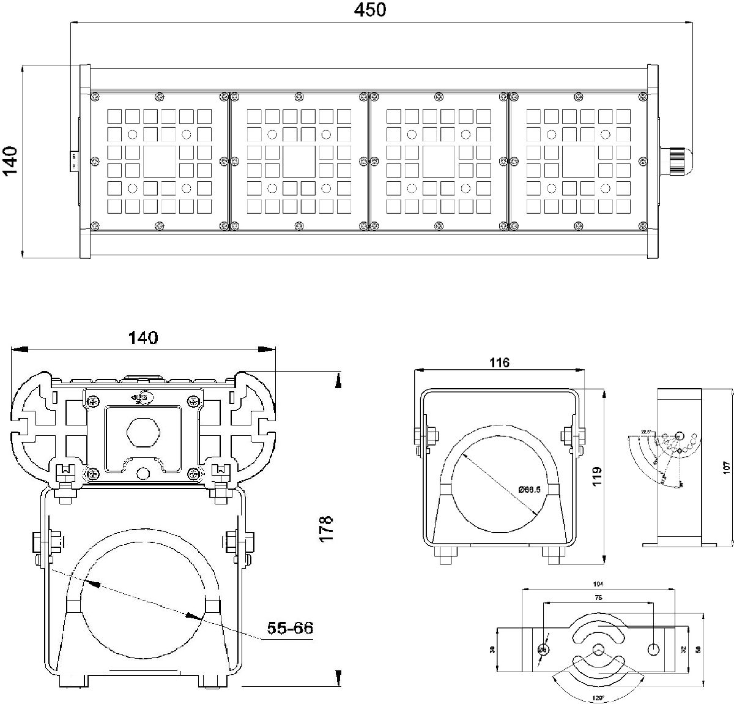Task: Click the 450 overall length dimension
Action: point(371,10)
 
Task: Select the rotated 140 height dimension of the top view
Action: point(10,161)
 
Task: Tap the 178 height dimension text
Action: point(327,527)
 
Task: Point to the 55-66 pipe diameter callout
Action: point(290,628)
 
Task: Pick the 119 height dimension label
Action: point(597,475)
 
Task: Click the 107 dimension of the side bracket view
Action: point(726,467)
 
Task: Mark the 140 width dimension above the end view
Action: point(143,338)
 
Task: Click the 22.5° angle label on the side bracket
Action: point(645,432)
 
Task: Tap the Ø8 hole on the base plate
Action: point(543,650)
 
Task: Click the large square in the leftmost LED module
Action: point(160,162)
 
